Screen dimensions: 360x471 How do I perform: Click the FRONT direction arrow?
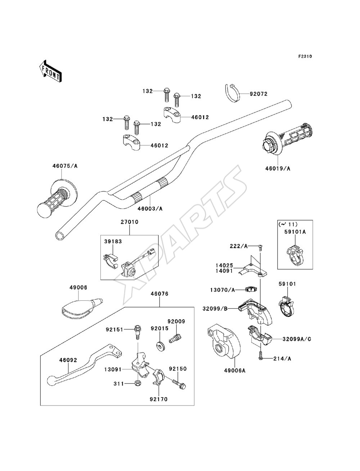point(50,71)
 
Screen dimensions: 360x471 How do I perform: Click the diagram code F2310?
point(305,56)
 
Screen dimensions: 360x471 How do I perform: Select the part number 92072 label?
point(258,94)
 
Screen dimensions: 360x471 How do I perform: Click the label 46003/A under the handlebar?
point(150,208)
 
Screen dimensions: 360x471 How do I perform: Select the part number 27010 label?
point(130,222)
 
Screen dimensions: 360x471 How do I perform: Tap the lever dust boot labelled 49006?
point(82,307)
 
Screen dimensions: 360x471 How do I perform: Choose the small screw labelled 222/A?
point(260,248)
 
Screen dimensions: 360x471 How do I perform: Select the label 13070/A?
point(222,290)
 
